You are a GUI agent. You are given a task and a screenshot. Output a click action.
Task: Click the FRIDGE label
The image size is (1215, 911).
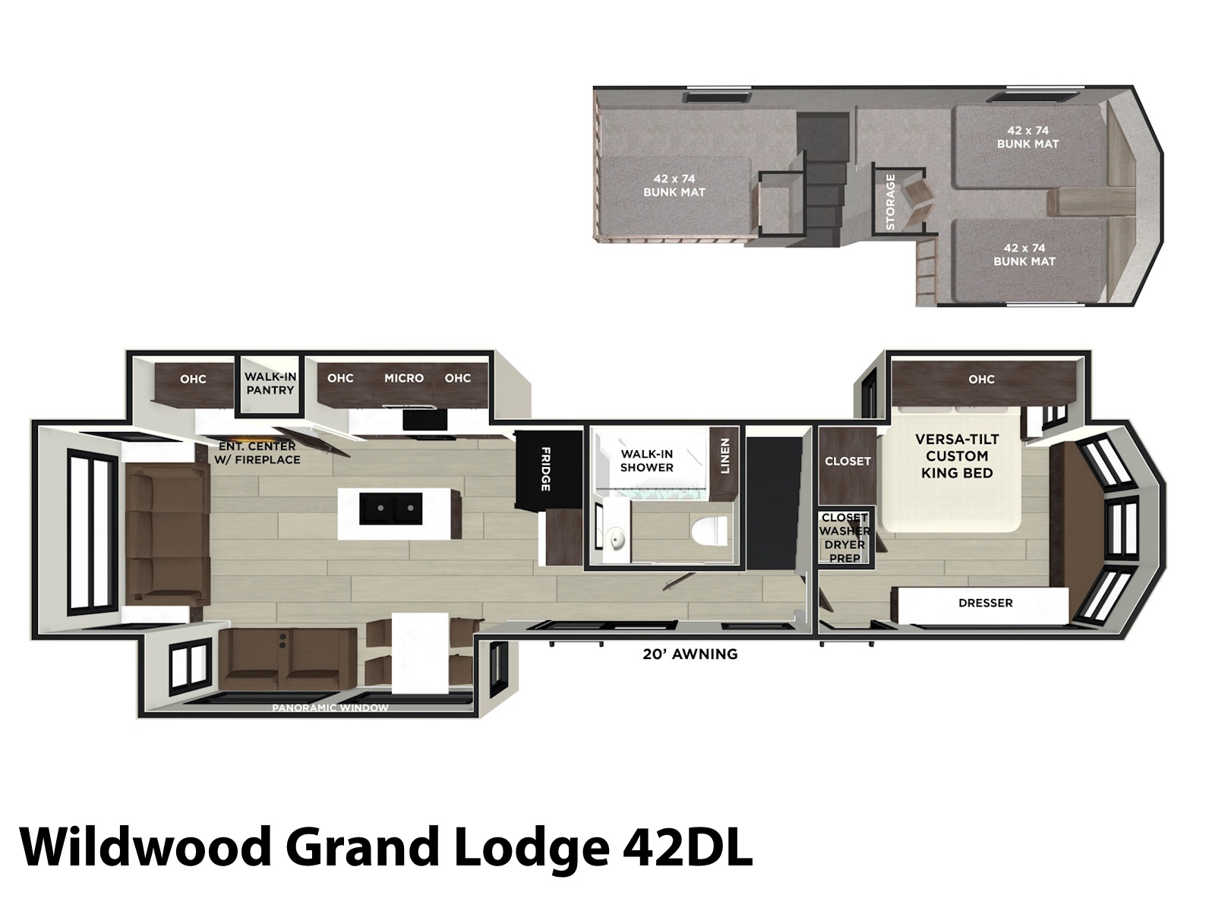545,469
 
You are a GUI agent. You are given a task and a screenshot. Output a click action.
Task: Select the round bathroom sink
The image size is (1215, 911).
616,537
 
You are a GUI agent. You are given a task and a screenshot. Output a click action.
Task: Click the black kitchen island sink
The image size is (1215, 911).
391,509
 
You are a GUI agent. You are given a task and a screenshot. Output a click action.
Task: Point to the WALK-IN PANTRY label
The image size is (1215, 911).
270,383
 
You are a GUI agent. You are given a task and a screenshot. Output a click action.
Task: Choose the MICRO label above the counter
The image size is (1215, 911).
404,378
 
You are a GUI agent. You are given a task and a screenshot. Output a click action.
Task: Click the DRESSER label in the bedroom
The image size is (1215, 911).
985,603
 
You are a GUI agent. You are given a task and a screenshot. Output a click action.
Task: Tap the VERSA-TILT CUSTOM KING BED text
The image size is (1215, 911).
957,456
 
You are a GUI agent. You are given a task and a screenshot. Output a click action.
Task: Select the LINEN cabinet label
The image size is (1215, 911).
725,455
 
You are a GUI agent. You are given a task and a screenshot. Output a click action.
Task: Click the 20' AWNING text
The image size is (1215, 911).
690,654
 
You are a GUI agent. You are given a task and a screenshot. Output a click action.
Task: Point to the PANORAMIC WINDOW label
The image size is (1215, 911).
330,708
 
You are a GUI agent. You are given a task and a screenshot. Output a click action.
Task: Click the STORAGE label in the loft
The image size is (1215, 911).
891,202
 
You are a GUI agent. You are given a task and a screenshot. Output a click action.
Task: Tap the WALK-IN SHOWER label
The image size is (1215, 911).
646,461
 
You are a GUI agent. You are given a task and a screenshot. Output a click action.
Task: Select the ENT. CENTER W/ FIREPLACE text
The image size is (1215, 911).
257,453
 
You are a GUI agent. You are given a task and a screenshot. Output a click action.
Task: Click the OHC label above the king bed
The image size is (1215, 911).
981,380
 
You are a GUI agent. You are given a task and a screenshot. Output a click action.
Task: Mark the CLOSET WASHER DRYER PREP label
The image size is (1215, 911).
844,537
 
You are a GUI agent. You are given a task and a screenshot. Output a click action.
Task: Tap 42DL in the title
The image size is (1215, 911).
687,846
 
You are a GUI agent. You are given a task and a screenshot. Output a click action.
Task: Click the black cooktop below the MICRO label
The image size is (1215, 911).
424,420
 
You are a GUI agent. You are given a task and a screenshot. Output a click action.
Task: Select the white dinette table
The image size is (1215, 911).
420,653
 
